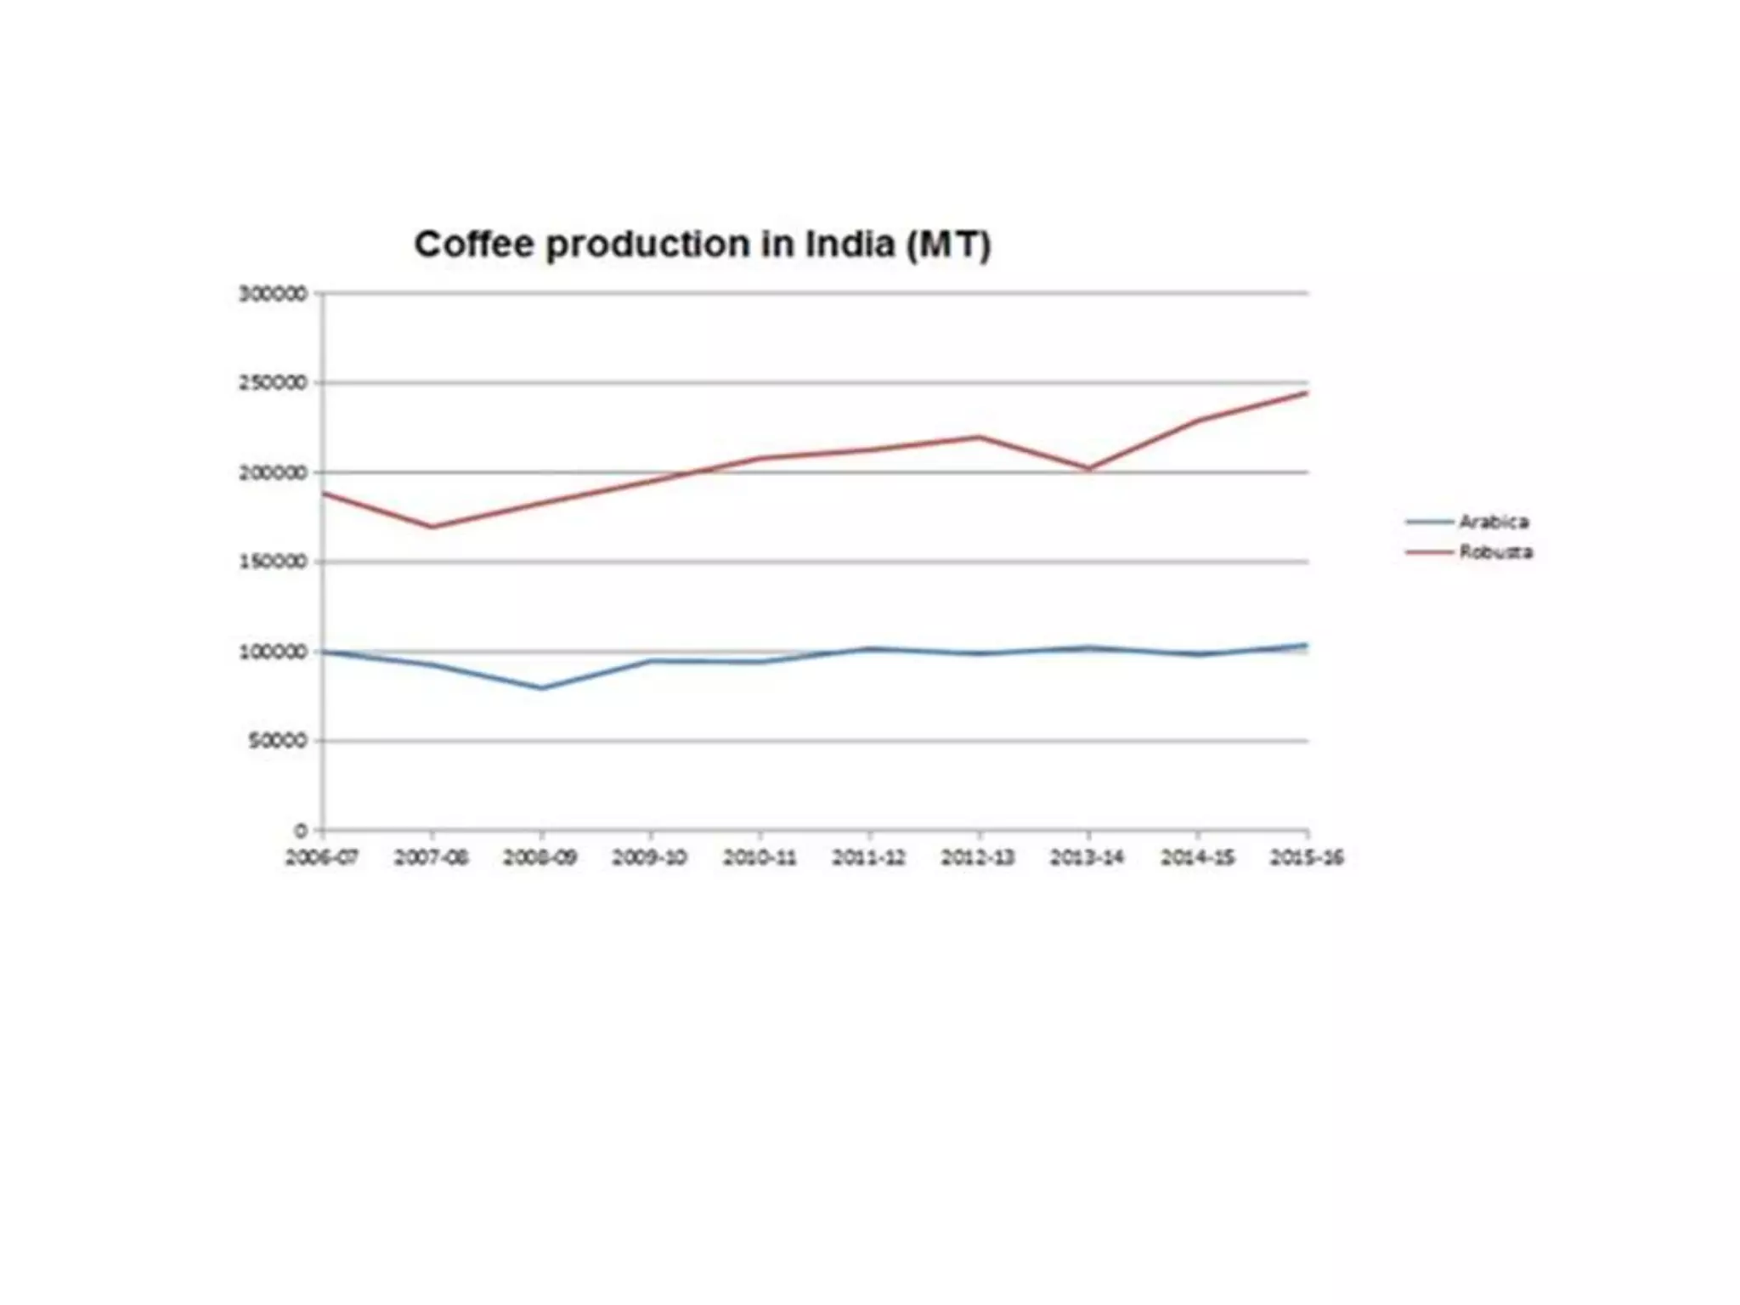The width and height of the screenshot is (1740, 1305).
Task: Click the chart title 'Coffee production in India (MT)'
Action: point(703,245)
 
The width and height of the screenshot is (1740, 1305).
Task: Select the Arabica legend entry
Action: point(1493,522)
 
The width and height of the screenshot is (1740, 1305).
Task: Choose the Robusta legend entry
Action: point(1495,552)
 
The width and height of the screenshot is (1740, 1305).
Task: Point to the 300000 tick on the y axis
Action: point(273,294)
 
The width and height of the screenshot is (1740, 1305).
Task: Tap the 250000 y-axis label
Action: point(273,383)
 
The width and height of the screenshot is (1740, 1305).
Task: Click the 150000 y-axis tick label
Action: point(273,562)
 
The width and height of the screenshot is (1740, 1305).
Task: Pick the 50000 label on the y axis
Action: point(278,741)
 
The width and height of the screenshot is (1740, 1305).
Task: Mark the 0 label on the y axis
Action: point(301,830)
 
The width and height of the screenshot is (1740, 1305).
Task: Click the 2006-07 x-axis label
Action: point(322,857)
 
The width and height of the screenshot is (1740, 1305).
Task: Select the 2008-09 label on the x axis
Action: point(540,857)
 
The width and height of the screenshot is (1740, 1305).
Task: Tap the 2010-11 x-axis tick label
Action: point(760,857)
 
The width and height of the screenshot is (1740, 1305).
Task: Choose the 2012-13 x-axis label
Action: point(978,857)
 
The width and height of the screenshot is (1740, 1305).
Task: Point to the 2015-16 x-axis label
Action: point(1307,857)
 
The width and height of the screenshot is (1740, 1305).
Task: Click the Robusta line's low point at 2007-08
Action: point(432,527)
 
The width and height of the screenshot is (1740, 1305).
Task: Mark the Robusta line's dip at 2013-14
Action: point(1088,468)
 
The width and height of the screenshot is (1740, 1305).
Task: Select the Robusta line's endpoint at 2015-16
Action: point(1306,393)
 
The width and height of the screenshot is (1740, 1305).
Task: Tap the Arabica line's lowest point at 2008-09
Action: point(541,688)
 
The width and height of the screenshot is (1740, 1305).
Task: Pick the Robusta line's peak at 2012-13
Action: point(979,437)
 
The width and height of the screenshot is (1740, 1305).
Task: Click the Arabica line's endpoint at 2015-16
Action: point(1306,645)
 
